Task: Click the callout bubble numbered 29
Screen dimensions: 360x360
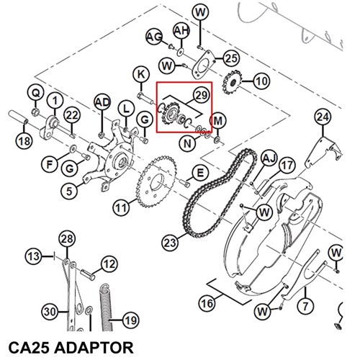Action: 202,95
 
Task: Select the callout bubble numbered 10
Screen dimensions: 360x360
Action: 261,81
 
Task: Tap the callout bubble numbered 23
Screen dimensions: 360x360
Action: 170,243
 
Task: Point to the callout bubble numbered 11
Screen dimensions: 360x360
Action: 121,208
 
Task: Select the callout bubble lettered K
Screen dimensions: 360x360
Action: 141,75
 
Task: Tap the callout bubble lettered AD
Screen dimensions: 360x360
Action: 102,103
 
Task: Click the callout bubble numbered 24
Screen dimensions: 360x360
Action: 323,117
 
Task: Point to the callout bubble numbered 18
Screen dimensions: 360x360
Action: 24,141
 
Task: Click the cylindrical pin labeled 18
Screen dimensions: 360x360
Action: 19,117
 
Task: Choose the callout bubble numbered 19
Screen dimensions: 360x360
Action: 131,320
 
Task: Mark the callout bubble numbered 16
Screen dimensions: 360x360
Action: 207,303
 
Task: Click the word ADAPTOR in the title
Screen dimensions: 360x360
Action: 94,348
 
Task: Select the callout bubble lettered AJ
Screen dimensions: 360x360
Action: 269,158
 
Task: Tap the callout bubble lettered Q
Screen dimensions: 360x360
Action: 36,93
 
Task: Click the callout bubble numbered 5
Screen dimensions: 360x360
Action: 69,192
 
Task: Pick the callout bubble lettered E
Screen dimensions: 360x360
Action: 200,173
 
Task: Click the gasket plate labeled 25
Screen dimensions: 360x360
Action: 203,64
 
